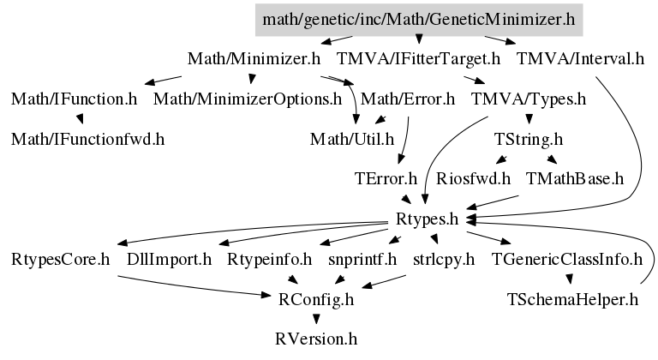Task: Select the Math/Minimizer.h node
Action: [254, 59]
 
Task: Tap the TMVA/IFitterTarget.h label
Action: [418, 59]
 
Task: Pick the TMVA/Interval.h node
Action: [580, 59]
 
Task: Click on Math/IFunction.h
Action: [75, 99]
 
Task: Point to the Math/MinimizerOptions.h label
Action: [248, 99]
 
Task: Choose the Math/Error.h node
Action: [408, 99]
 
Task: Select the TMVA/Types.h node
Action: [528, 99]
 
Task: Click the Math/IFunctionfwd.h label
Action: [88, 138]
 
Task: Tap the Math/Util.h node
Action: [351, 138]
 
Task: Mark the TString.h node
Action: [529, 138]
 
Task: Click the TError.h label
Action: [385, 179]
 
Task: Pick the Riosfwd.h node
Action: [473, 179]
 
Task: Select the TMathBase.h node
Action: [575, 179]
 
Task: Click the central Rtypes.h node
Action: [428, 219]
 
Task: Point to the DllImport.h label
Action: [169, 259]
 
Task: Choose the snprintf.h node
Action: [362, 259]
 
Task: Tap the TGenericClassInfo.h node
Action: [566, 259]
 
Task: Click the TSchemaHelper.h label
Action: [572, 299]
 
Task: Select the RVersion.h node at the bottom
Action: [316, 339]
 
